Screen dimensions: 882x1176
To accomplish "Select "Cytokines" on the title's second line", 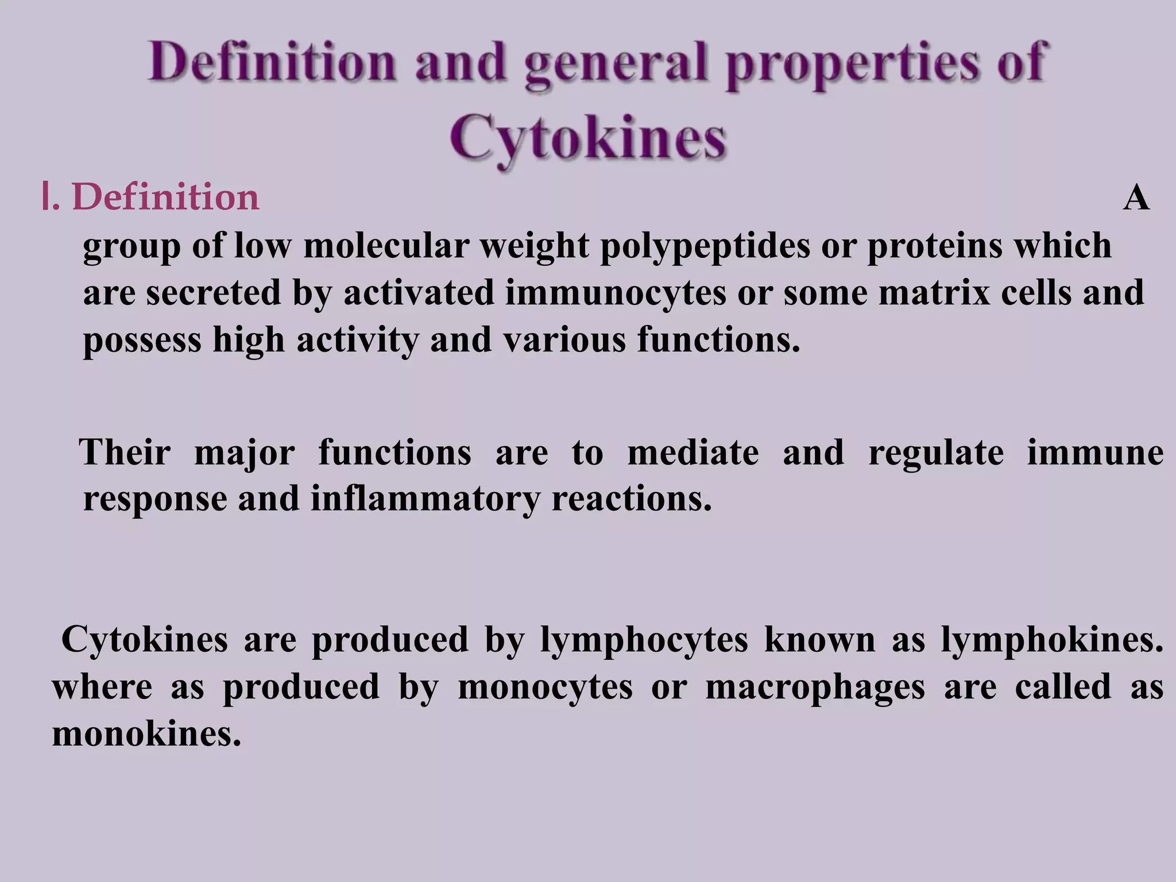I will coord(588,137).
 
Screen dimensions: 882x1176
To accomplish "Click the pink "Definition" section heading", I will coord(165,197).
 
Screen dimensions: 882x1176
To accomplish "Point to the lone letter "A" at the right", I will coord(1136,199).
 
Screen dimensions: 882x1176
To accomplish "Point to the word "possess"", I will coord(142,340).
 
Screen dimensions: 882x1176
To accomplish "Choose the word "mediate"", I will coord(693,452).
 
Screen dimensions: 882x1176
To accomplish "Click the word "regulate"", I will coord(936,452).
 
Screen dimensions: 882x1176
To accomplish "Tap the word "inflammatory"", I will coord(425,498).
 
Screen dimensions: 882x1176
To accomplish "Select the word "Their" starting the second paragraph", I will coord(126,452).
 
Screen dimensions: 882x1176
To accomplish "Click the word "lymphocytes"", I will coord(644,640).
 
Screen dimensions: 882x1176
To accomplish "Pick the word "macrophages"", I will coord(815,687).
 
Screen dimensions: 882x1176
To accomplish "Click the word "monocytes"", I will coord(545,687).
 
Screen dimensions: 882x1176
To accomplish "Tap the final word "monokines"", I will coord(146,734).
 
